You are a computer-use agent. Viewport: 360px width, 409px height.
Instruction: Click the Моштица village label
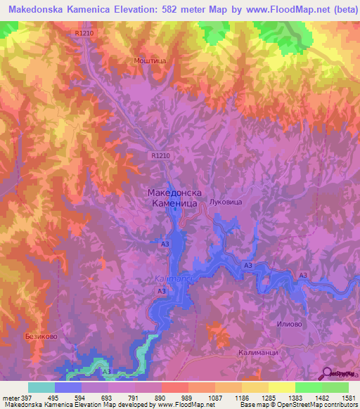pyautogui.click(x=149, y=61)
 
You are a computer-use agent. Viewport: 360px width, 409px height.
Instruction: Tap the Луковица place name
pyautogui.click(x=226, y=202)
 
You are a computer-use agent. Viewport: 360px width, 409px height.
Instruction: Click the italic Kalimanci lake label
pyautogui.click(x=169, y=278)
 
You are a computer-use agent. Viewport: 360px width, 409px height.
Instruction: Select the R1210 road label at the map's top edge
pyautogui.click(x=85, y=33)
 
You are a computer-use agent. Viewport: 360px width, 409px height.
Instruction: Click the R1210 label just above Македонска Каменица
pyautogui.click(x=160, y=155)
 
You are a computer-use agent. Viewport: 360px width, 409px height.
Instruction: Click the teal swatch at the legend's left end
pyautogui.click(x=41, y=387)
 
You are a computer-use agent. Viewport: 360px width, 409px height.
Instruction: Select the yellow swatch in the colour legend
pyautogui.click(x=281, y=387)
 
